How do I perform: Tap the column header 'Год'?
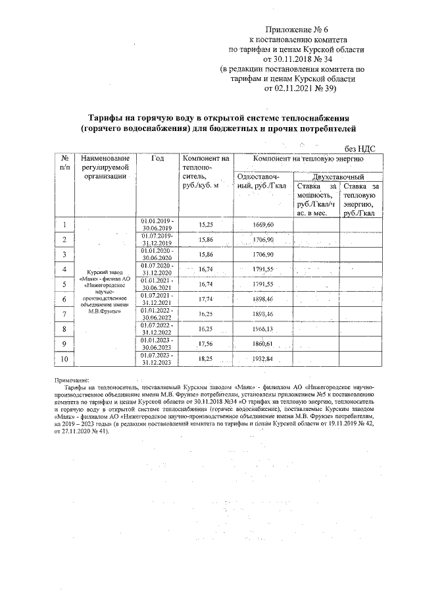157,159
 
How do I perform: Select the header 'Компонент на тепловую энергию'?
308,159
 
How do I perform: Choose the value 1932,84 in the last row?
267,358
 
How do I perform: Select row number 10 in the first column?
64,358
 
